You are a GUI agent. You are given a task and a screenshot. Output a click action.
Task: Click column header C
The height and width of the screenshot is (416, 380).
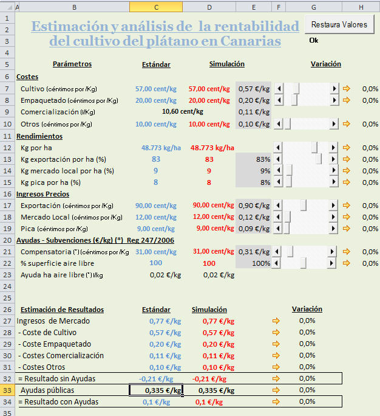(156, 7)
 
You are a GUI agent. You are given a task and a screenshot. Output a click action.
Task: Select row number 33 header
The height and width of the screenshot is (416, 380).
(7, 390)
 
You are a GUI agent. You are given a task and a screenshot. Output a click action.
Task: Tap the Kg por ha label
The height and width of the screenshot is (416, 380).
(37, 148)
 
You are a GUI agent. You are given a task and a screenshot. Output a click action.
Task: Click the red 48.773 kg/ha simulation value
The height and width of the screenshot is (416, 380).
(212, 148)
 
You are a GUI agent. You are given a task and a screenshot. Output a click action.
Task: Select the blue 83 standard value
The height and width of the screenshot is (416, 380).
(156, 159)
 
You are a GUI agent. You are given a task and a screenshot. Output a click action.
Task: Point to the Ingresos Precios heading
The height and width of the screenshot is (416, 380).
(42, 194)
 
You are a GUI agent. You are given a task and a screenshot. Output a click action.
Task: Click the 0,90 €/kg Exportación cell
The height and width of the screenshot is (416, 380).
(254, 206)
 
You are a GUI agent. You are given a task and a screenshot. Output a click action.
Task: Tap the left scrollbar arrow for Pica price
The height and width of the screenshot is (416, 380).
(279, 229)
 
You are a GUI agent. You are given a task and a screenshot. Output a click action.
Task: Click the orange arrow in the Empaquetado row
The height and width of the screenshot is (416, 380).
(347, 100)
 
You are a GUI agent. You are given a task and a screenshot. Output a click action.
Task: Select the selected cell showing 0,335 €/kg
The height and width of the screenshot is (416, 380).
(156, 390)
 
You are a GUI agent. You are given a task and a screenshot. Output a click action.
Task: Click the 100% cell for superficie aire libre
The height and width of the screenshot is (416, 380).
(254, 263)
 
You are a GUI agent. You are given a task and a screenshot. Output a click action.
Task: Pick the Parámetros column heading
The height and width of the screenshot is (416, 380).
(72, 64)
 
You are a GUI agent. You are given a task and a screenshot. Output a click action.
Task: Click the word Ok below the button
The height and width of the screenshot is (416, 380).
(314, 40)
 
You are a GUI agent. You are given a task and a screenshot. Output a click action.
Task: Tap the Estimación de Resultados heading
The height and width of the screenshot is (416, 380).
(63, 310)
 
